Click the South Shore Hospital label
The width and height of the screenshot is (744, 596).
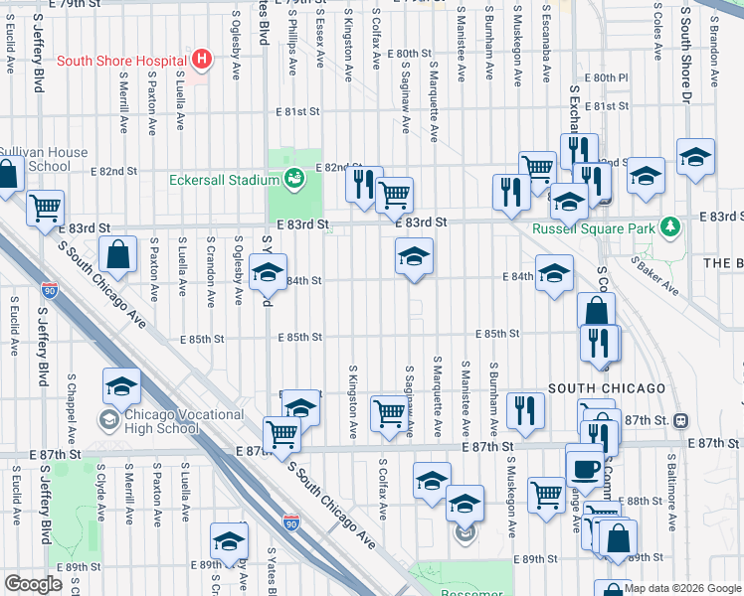[x=123, y=60]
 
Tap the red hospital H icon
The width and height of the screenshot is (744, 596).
[x=203, y=60]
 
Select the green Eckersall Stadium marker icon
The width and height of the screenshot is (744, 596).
[x=294, y=179]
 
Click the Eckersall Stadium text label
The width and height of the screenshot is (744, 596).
[x=223, y=180]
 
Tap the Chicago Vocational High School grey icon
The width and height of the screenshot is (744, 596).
[x=106, y=420]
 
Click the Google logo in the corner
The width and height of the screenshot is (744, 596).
[x=33, y=584]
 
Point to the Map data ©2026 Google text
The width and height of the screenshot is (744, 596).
[x=682, y=588]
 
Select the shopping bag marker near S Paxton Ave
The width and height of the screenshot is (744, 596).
[x=118, y=254]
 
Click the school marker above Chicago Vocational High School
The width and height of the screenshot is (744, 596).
[x=121, y=386]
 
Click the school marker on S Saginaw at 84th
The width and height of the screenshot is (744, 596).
[x=414, y=257]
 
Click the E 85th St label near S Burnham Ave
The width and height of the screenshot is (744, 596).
[x=498, y=334]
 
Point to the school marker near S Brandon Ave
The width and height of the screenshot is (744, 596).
[x=695, y=157]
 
